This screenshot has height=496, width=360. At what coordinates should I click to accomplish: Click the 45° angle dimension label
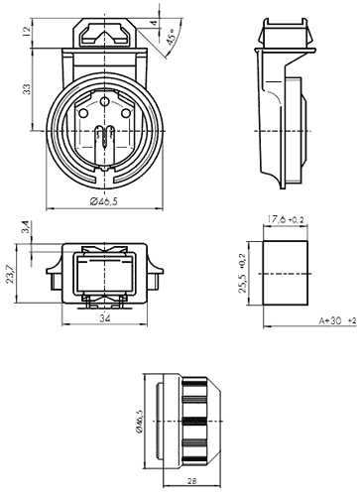172,37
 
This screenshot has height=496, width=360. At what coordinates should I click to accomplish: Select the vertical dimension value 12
27,31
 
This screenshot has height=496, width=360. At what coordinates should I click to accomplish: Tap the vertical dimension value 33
27,89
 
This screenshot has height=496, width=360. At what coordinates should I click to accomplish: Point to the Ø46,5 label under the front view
104,201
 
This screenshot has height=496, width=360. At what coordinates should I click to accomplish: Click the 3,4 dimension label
27,227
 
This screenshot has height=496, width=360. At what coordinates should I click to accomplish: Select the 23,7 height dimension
11,275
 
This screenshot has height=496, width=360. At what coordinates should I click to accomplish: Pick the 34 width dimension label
105,318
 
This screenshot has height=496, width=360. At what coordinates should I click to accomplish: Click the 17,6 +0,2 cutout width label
286,219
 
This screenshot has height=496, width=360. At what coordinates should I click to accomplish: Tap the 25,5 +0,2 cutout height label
242,273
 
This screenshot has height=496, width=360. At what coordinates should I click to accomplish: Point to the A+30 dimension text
330,320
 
